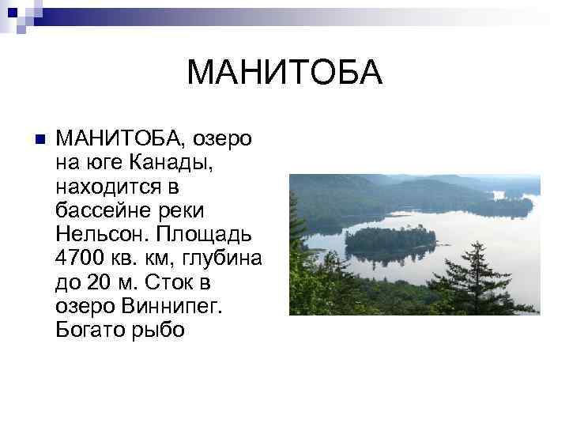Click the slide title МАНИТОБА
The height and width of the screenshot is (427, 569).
click(284, 74)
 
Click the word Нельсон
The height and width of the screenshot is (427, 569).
click(102, 235)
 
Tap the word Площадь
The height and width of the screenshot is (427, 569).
click(203, 235)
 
